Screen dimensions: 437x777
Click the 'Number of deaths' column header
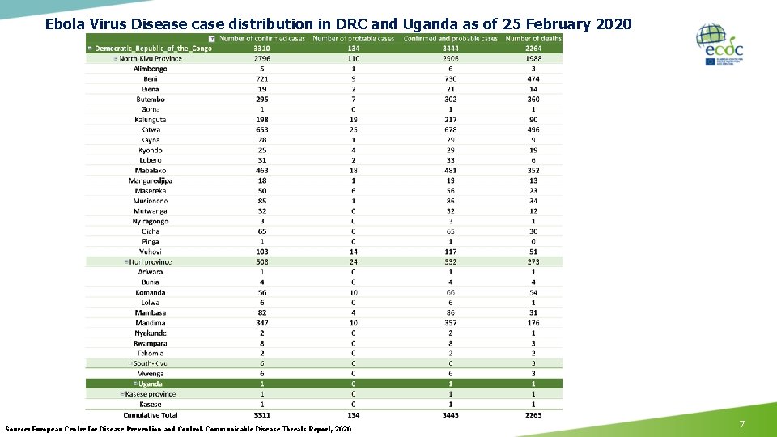click(533, 38)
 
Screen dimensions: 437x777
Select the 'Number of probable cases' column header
click(353, 38)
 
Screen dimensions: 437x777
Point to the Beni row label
click(151, 79)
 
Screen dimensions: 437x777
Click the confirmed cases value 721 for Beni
click(261, 79)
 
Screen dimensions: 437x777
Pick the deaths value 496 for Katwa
click(533, 129)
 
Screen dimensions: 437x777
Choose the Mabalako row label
click(151, 171)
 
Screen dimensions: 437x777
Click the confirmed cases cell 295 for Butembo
click(261, 100)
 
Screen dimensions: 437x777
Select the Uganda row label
click(151, 384)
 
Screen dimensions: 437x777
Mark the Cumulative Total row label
click(151, 414)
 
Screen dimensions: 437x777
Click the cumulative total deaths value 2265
click(533, 414)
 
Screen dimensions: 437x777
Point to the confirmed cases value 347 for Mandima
click(261, 323)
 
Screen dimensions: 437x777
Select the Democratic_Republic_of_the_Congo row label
click(154, 49)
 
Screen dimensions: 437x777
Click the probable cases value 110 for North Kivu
click(353, 59)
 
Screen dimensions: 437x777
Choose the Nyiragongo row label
click(151, 221)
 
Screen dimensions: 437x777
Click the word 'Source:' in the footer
click(19, 429)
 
